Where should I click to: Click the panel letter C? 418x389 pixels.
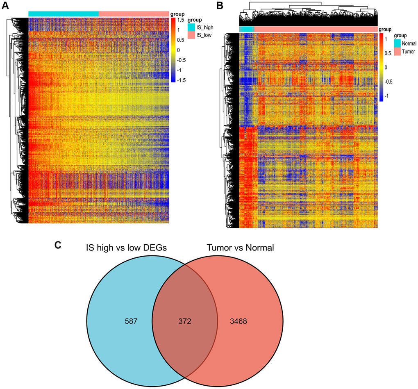pyautogui.click(x=58, y=245)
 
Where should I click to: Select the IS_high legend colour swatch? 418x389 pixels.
pyautogui.click(x=191, y=27)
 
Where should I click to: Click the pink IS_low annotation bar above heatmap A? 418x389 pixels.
pyautogui.click(x=134, y=14)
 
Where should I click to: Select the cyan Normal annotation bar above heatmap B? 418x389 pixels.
pyautogui.click(x=247, y=29)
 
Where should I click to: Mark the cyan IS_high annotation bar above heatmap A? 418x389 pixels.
pyautogui.click(x=64, y=14)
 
